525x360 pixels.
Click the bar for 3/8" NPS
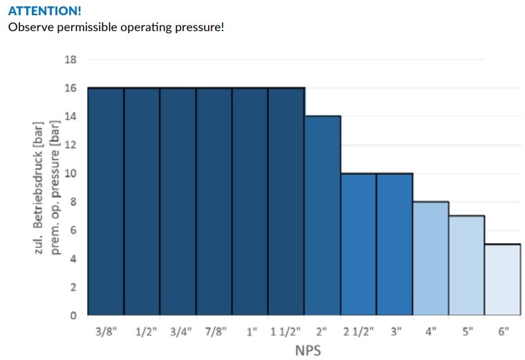click(106, 201)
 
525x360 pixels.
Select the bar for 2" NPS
click(322, 215)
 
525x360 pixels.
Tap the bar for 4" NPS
click(430, 258)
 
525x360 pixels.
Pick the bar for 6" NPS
click(502, 279)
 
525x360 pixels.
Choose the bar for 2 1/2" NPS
click(358, 244)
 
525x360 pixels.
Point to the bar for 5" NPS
click(466, 265)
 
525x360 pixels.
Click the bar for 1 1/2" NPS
click(286, 201)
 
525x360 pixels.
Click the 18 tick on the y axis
click(70, 60)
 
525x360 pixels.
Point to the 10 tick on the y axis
click(70, 173)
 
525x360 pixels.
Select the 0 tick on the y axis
click(72, 316)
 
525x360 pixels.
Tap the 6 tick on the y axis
click(72, 231)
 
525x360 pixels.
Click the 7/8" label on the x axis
click(214, 332)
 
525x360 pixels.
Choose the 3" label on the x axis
click(395, 332)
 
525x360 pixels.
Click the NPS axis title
click(308, 350)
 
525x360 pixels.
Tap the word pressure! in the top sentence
click(200, 28)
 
